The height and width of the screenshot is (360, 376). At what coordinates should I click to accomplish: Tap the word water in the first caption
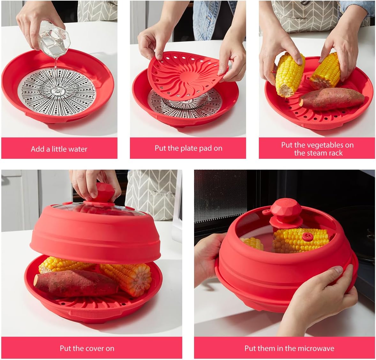pyautogui.click(x=78, y=149)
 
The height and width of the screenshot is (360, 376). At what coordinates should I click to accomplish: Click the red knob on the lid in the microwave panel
pyautogui.click(x=286, y=209)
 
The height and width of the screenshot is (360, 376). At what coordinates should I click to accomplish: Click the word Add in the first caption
pyautogui.click(x=37, y=149)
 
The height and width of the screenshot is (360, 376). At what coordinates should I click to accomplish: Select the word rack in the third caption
pyautogui.click(x=335, y=153)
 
